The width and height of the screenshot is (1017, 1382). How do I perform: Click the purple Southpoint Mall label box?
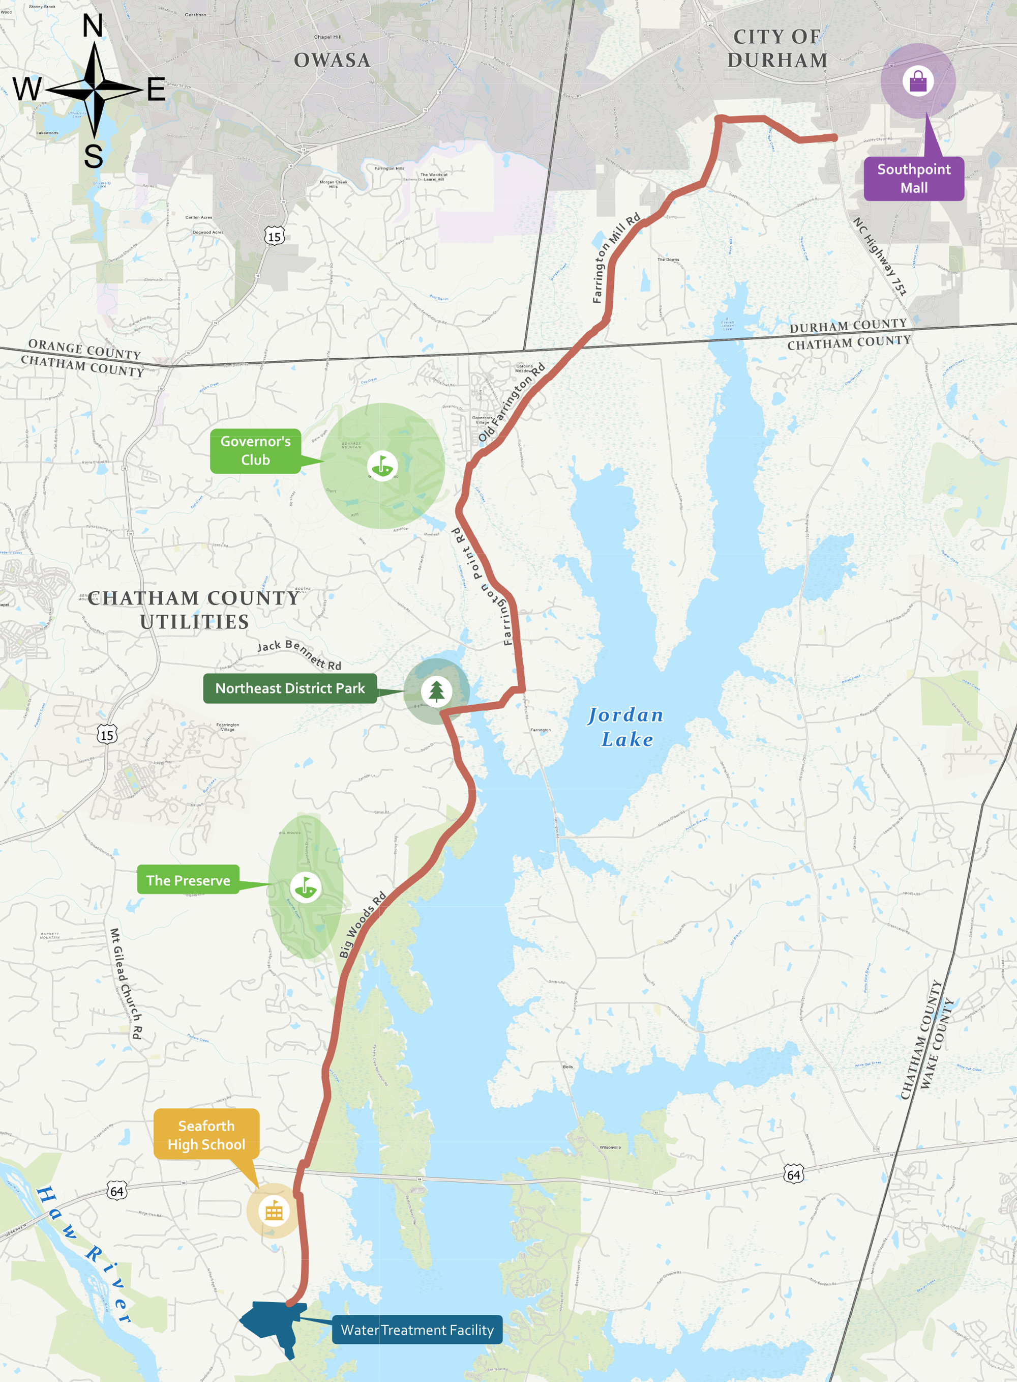tap(914, 179)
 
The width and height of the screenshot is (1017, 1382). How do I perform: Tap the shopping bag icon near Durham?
tap(918, 81)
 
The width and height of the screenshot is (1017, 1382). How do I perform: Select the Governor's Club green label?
tap(255, 451)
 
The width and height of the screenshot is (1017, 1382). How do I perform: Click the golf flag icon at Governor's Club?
tap(382, 466)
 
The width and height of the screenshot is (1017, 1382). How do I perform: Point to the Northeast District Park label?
tap(290, 688)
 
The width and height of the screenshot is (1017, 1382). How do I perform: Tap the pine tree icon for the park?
tap(436, 691)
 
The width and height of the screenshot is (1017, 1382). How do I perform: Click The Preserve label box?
tap(188, 881)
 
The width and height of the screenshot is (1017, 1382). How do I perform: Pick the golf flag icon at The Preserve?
tap(305, 887)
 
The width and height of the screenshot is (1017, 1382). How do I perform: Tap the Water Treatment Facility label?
tap(417, 1330)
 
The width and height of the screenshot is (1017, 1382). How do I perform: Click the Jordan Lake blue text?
tap(626, 727)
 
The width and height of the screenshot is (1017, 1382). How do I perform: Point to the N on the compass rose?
tap(93, 26)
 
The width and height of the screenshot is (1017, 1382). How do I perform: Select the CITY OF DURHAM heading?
tap(777, 49)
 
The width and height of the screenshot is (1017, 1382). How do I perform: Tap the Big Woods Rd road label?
tap(363, 925)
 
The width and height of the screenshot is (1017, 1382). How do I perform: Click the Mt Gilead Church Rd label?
tap(126, 984)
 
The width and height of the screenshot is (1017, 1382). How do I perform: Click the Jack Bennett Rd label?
tap(299, 654)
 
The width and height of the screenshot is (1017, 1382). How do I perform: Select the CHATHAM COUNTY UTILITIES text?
tap(194, 610)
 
